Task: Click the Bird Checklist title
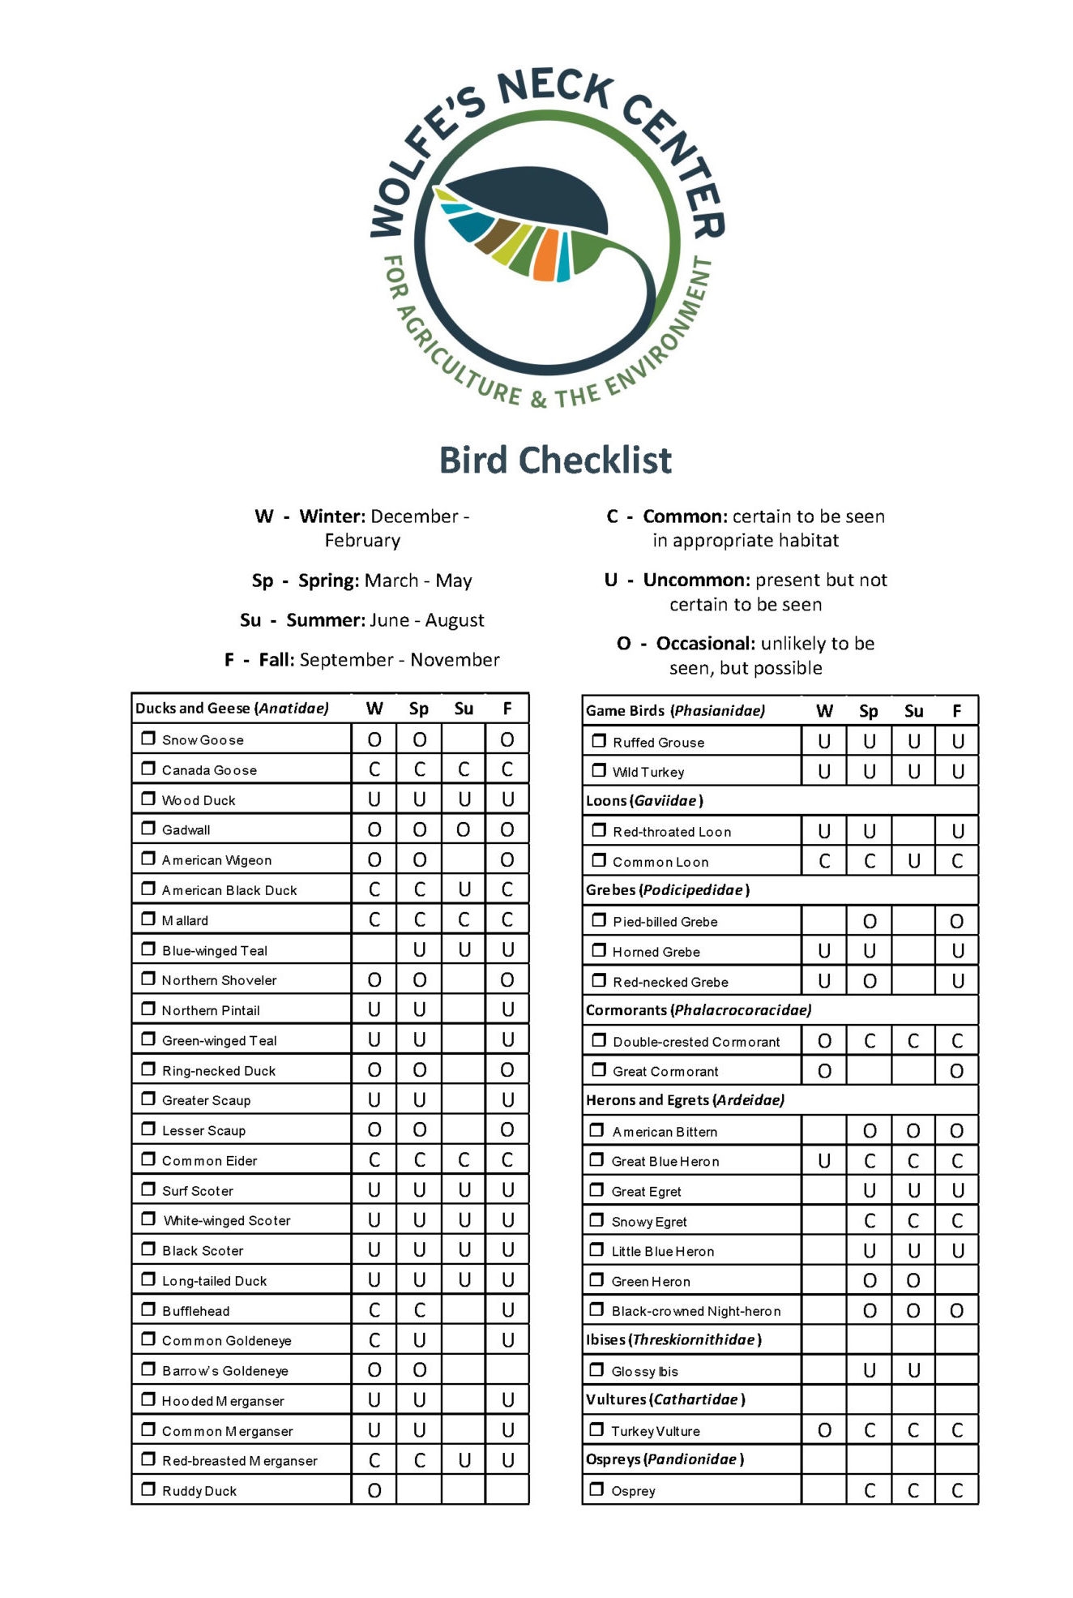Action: pos(555,461)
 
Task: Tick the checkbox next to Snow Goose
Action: pos(148,739)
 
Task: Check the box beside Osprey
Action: pos(597,1489)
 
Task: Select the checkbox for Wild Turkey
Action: pos(599,770)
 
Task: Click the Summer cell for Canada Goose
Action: pos(464,769)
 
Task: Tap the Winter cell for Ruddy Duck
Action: pos(374,1490)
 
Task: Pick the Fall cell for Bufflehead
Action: pos(507,1310)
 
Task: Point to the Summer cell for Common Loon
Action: pos(913,861)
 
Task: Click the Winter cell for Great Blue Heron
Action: pos(824,1161)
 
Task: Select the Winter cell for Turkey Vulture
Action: pos(824,1430)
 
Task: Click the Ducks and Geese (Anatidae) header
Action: pos(233,709)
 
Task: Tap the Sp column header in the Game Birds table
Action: pos(869,711)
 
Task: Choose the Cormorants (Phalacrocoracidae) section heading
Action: pos(699,1010)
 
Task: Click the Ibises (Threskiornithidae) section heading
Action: pos(673,1339)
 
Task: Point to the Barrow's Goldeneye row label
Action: pos(225,1371)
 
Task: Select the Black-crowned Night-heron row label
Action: pos(696,1311)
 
